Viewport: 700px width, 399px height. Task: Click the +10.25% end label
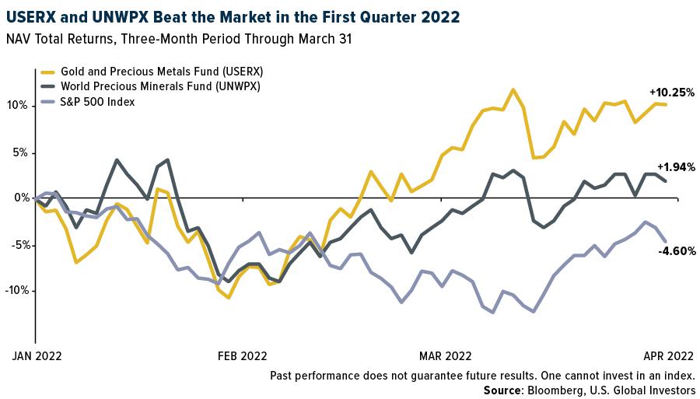click(671, 92)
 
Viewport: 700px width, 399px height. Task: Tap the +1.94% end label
click(675, 167)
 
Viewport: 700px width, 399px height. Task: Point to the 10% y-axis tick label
click(18, 105)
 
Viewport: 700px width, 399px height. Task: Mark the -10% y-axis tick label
click(16, 290)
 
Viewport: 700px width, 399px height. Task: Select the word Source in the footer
click(502, 390)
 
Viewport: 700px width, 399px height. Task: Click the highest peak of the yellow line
click(513, 89)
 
